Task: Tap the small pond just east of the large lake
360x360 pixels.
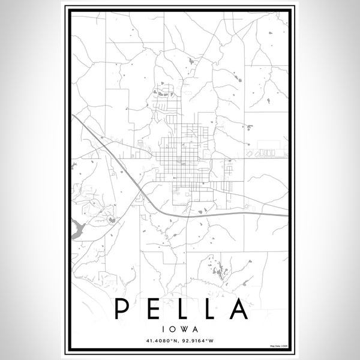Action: (111, 220)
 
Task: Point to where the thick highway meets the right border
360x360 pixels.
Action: (287, 213)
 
